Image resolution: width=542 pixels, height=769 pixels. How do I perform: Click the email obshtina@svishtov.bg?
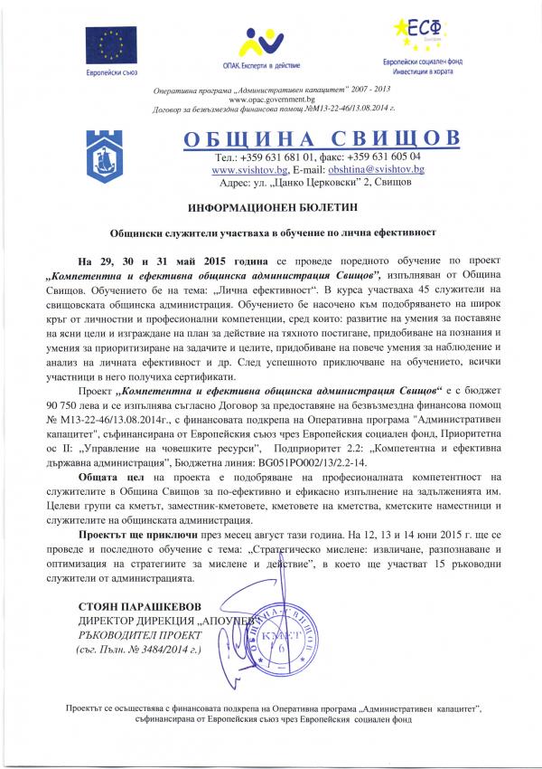point(370,169)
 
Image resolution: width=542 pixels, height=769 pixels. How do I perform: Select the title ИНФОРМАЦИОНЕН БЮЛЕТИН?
point(271,207)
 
